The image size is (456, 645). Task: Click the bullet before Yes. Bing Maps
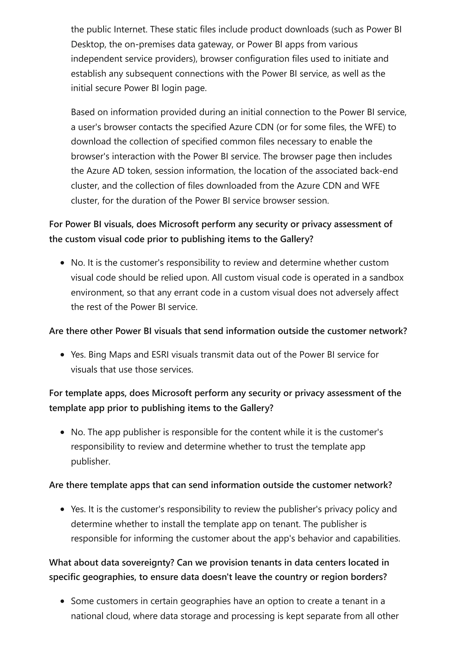click(x=62, y=355)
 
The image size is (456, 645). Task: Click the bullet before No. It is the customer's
click(x=62, y=263)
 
